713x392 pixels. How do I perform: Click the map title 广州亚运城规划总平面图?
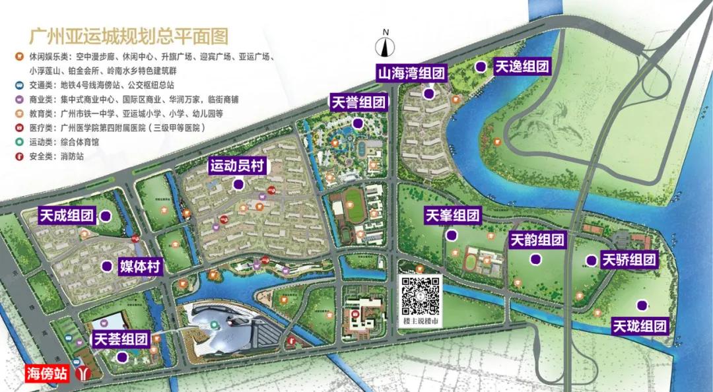pyautogui.click(x=129, y=35)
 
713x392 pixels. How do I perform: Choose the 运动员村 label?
pyautogui.click(x=238, y=166)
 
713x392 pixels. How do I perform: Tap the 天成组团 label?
pyautogui.click(x=67, y=215)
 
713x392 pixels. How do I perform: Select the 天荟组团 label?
pyautogui.click(x=120, y=340)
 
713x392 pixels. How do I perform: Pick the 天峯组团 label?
pyautogui.click(x=453, y=215)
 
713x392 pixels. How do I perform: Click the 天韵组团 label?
pyautogui.click(x=537, y=240)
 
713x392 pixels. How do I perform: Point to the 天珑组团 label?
pyautogui.click(x=640, y=326)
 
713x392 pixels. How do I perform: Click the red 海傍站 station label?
pyautogui.click(x=47, y=374)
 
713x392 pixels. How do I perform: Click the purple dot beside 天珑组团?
pyautogui.click(x=640, y=305)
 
